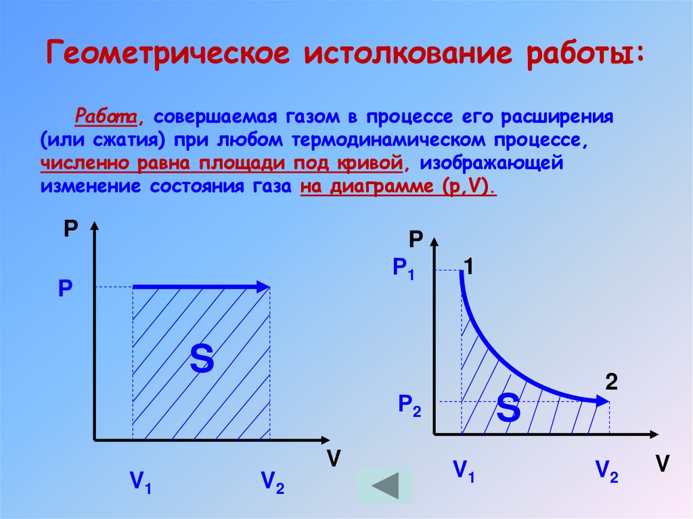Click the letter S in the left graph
coord(202,359)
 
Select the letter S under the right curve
coord(508,408)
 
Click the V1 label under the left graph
coord(141,482)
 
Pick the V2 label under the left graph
coord(272,482)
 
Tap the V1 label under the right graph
coord(464,470)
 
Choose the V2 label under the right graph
coord(606,470)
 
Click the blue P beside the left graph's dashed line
coord(65,290)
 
